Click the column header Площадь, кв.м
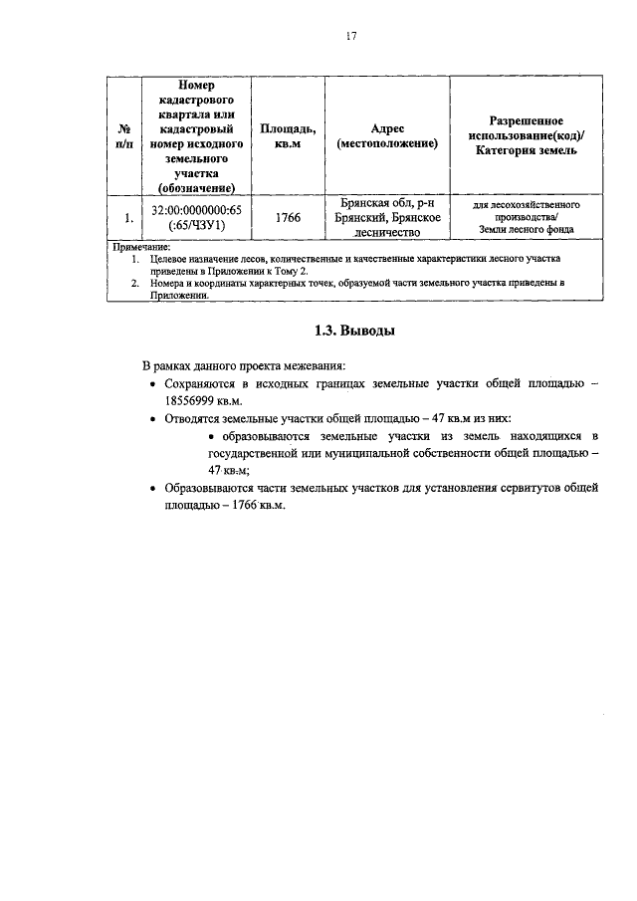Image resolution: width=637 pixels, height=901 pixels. click(x=289, y=136)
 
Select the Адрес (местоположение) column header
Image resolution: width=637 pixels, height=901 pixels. click(x=387, y=136)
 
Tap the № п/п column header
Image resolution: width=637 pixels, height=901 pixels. click(x=126, y=136)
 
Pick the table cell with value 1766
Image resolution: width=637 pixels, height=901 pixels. click(x=289, y=217)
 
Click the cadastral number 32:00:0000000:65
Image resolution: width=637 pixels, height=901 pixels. click(x=197, y=210)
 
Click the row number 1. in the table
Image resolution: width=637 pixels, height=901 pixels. click(x=126, y=217)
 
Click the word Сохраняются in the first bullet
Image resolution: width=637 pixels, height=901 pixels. click(x=200, y=383)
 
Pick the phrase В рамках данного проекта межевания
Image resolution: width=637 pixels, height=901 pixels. click(x=244, y=364)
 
